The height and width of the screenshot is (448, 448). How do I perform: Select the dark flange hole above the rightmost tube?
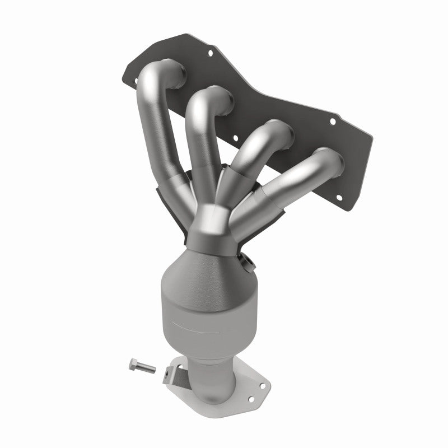point(333,120)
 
